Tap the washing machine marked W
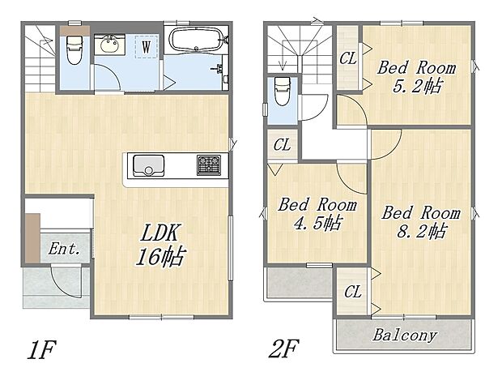(x=146, y=47)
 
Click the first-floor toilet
(x=74, y=49)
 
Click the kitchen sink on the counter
(x=150, y=167)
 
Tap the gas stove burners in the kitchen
(x=208, y=165)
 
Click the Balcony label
(x=404, y=335)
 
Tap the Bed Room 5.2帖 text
(x=416, y=76)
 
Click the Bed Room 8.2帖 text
(x=420, y=221)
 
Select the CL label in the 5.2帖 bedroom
(x=348, y=58)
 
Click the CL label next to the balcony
(x=353, y=291)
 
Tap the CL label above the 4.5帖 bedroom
(x=282, y=146)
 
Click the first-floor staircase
(x=39, y=58)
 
